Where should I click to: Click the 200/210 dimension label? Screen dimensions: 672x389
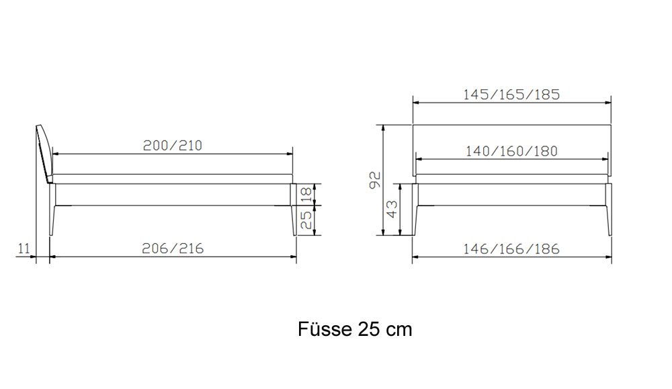pos(172,146)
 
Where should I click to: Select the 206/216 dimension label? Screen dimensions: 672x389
pos(173,249)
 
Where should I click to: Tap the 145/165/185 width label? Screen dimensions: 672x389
pos(511,94)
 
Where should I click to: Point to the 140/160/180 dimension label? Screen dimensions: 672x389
pos(511,151)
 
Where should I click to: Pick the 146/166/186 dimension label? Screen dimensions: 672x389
pos(511,249)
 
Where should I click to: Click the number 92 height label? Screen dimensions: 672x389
pos(375,180)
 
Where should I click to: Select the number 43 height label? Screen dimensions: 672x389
pos(392,210)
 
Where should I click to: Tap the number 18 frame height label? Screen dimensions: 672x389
pos(306,195)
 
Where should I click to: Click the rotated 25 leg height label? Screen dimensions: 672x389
pos(306,220)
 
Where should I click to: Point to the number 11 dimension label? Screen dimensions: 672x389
pos(24,248)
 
